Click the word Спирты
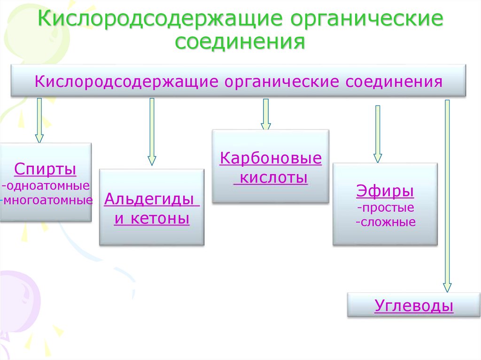(45, 169)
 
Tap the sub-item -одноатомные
(46, 185)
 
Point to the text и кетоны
(152, 219)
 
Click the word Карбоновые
(271, 158)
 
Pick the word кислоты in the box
(271, 178)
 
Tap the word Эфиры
(385, 191)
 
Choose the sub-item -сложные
(386, 222)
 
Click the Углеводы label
(414, 306)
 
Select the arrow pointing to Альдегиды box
(152, 131)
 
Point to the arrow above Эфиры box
(378, 134)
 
